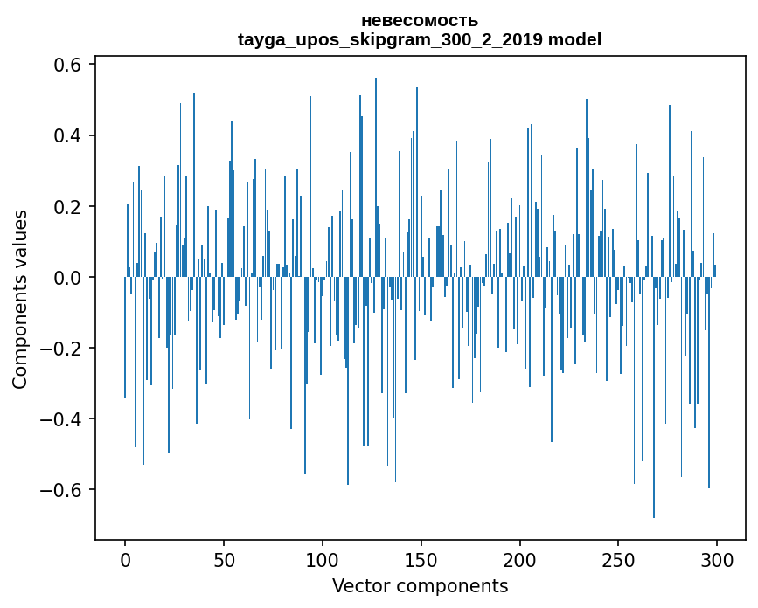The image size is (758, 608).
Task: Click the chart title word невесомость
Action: pos(420,21)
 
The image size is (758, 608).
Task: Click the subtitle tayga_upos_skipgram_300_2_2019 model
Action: pos(420,39)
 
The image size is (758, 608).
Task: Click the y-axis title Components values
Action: pos(20,300)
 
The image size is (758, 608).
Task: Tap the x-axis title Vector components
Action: pos(420,586)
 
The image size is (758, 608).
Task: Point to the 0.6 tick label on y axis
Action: pos(67,65)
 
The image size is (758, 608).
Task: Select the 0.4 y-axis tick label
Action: pos(67,135)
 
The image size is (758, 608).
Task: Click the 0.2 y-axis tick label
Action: pos(67,207)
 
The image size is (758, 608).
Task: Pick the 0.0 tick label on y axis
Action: pos(67,278)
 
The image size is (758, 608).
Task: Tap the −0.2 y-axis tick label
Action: pos(60,349)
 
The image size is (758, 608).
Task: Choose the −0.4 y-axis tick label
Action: pos(60,419)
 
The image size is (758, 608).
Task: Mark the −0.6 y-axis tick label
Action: pos(60,490)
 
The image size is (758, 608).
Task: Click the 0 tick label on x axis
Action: pos(125,561)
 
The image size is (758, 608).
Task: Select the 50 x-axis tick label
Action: pos(224,561)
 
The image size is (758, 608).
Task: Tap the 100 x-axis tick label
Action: pos(322,561)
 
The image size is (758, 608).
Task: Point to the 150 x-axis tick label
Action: pos(421,561)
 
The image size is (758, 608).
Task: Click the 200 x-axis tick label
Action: pos(519,561)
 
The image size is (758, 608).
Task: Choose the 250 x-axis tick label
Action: pos(618,561)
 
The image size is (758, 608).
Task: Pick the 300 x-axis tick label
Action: pos(717,561)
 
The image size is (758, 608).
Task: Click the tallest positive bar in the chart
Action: pos(376,177)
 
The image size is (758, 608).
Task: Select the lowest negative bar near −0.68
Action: pos(654,397)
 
